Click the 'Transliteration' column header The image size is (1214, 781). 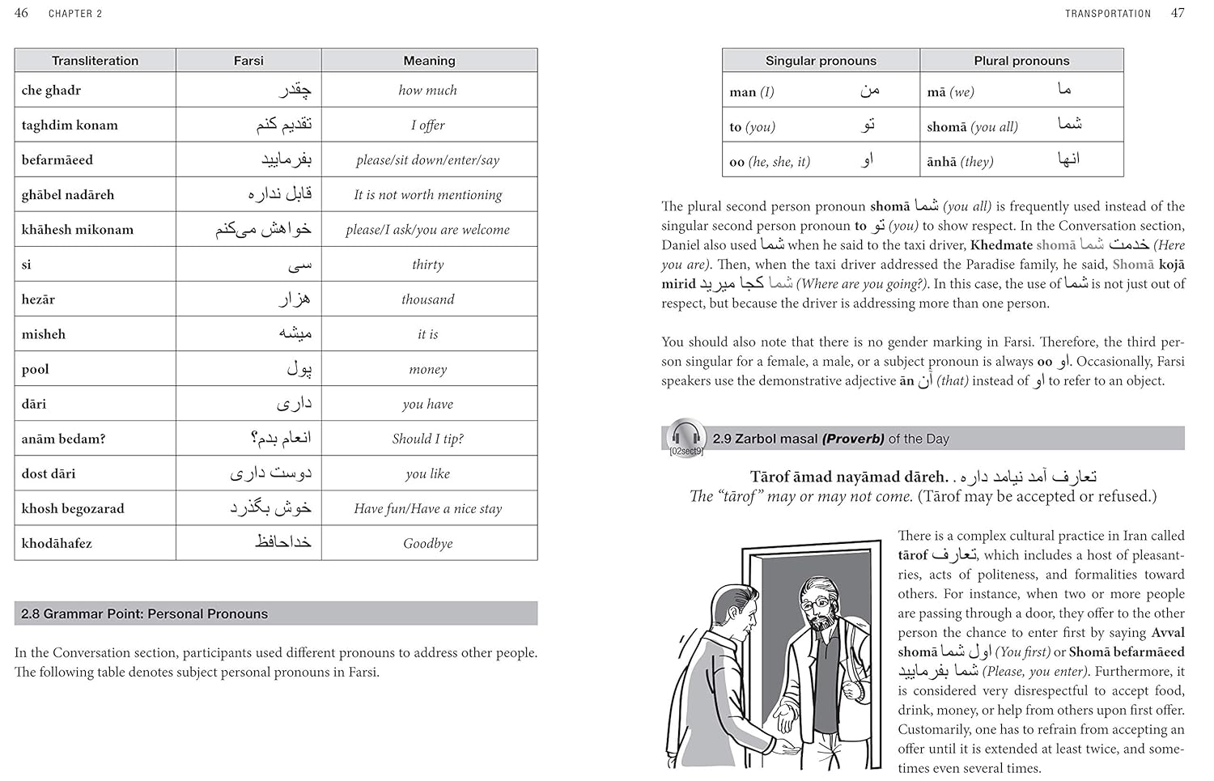[x=95, y=61]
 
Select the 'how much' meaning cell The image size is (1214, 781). [x=427, y=91]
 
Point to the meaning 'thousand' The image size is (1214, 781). [x=427, y=299]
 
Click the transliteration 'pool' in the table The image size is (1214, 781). [x=36, y=369]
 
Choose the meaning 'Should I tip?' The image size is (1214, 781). [x=427, y=439]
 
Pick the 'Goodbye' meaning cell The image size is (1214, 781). [x=427, y=543]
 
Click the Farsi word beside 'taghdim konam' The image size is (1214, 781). [x=284, y=125]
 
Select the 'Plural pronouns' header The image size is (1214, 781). [x=1021, y=61]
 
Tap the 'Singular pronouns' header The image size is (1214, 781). [x=821, y=61]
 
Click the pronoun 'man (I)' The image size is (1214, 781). [x=752, y=92]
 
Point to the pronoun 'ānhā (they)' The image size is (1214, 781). [x=960, y=162]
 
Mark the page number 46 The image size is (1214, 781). [x=21, y=13]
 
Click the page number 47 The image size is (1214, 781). [x=1178, y=13]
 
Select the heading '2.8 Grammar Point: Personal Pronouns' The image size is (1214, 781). [x=144, y=613]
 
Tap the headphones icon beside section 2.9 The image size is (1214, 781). [x=686, y=435]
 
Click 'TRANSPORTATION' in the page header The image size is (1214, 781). [x=1107, y=14]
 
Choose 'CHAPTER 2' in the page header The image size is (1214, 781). [x=75, y=14]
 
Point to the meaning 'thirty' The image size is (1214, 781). [x=427, y=265]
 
